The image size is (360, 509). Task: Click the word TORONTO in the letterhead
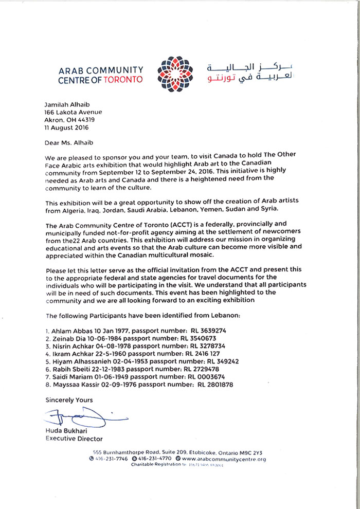coord(124,80)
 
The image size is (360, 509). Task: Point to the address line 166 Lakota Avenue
coord(74,112)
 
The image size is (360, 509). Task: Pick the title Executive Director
coord(74,439)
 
